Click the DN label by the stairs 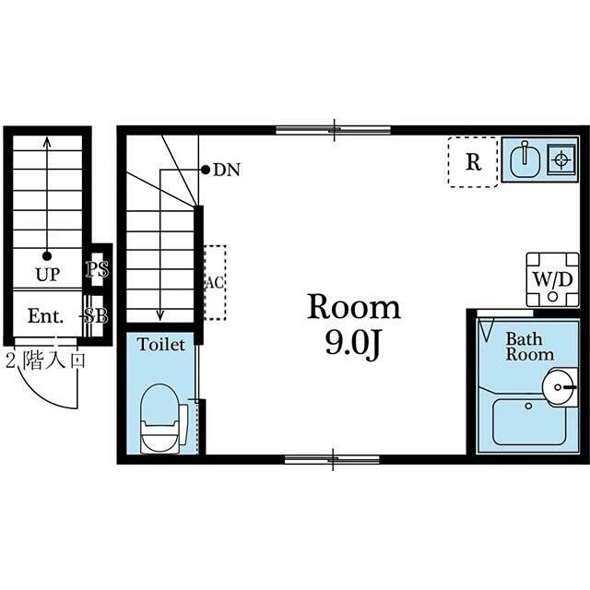[x=227, y=171]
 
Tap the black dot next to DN [x=205, y=170]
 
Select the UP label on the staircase [x=47, y=275]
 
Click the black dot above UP [x=47, y=256]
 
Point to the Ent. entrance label [x=45, y=316]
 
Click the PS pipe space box [x=98, y=269]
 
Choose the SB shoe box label [x=96, y=316]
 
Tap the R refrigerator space [x=473, y=162]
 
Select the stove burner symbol [x=561, y=159]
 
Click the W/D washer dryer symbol [x=552, y=279]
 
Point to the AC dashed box [x=215, y=283]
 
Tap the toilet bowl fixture [x=160, y=419]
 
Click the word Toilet [x=161, y=345]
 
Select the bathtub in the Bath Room [x=529, y=422]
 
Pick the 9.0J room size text [x=351, y=344]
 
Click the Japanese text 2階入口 [x=45, y=360]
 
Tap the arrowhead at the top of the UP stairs [x=47, y=141]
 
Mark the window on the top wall [x=334, y=130]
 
